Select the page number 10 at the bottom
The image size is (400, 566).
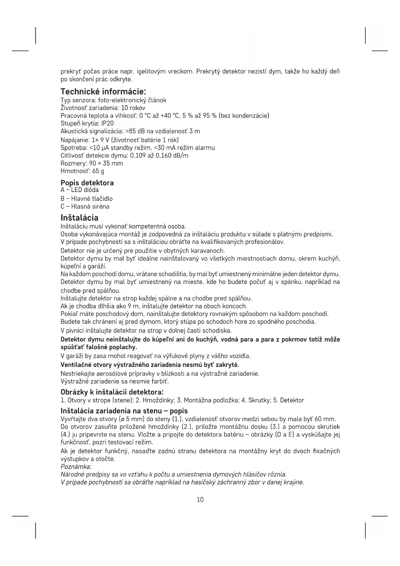click(200, 500)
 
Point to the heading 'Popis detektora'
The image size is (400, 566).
click(87, 183)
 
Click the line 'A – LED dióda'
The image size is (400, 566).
click(80, 190)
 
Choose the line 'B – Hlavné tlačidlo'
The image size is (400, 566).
click(86, 198)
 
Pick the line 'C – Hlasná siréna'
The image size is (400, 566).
click(85, 206)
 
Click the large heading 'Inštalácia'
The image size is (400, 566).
click(79, 217)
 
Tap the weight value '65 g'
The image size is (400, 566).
click(98, 171)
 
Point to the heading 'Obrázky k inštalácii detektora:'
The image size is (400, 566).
click(112, 392)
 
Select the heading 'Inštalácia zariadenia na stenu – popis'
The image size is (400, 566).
click(124, 411)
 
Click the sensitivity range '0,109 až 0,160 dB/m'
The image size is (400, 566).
click(159, 156)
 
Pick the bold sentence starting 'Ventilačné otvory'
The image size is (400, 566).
click(150, 365)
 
